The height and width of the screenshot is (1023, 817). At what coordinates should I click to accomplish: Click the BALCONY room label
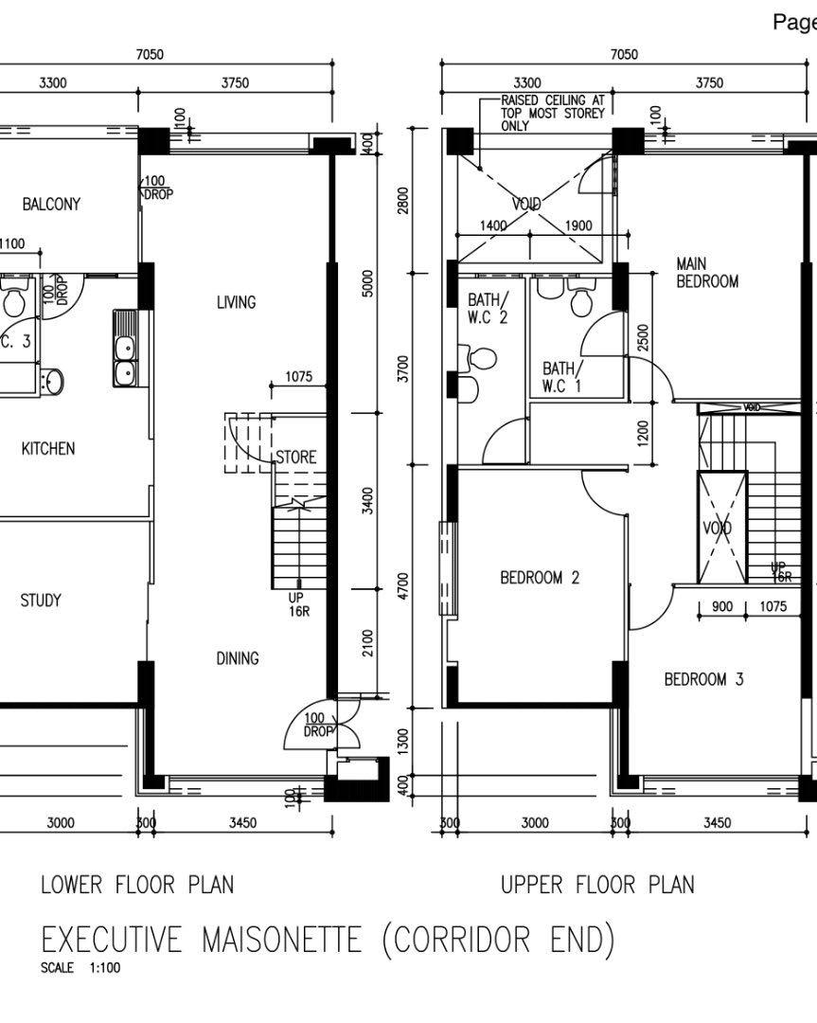click(51, 204)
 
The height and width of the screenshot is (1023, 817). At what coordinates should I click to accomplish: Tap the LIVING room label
click(236, 302)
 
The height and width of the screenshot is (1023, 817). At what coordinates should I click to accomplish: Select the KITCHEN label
click(48, 448)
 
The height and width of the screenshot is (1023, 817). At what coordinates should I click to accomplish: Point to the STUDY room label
click(40, 600)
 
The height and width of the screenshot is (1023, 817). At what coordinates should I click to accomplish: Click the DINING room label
click(237, 657)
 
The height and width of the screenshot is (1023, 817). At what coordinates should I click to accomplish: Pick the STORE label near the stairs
click(295, 458)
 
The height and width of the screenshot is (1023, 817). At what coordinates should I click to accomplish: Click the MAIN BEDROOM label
click(707, 272)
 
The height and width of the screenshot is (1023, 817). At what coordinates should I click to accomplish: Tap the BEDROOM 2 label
click(540, 577)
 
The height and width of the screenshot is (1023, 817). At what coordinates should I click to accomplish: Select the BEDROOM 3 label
click(703, 679)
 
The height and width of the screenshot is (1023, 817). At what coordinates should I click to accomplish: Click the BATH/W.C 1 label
click(563, 376)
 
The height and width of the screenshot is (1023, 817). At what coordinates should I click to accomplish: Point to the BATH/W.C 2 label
click(488, 309)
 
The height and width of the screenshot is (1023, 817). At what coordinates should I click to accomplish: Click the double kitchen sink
click(123, 360)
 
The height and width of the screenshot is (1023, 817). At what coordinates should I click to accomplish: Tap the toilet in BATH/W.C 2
click(479, 359)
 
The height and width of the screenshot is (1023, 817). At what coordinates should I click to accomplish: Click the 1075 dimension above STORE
click(298, 377)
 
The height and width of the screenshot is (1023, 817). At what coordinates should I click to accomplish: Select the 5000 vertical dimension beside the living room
click(368, 283)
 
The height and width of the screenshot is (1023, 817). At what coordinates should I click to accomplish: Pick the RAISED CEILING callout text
click(553, 112)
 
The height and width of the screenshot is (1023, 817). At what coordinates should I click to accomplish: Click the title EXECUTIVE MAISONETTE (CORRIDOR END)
click(328, 940)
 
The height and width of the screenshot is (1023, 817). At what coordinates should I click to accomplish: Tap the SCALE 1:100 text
click(80, 969)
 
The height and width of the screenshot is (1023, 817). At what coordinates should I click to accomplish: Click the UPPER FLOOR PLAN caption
click(596, 885)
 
